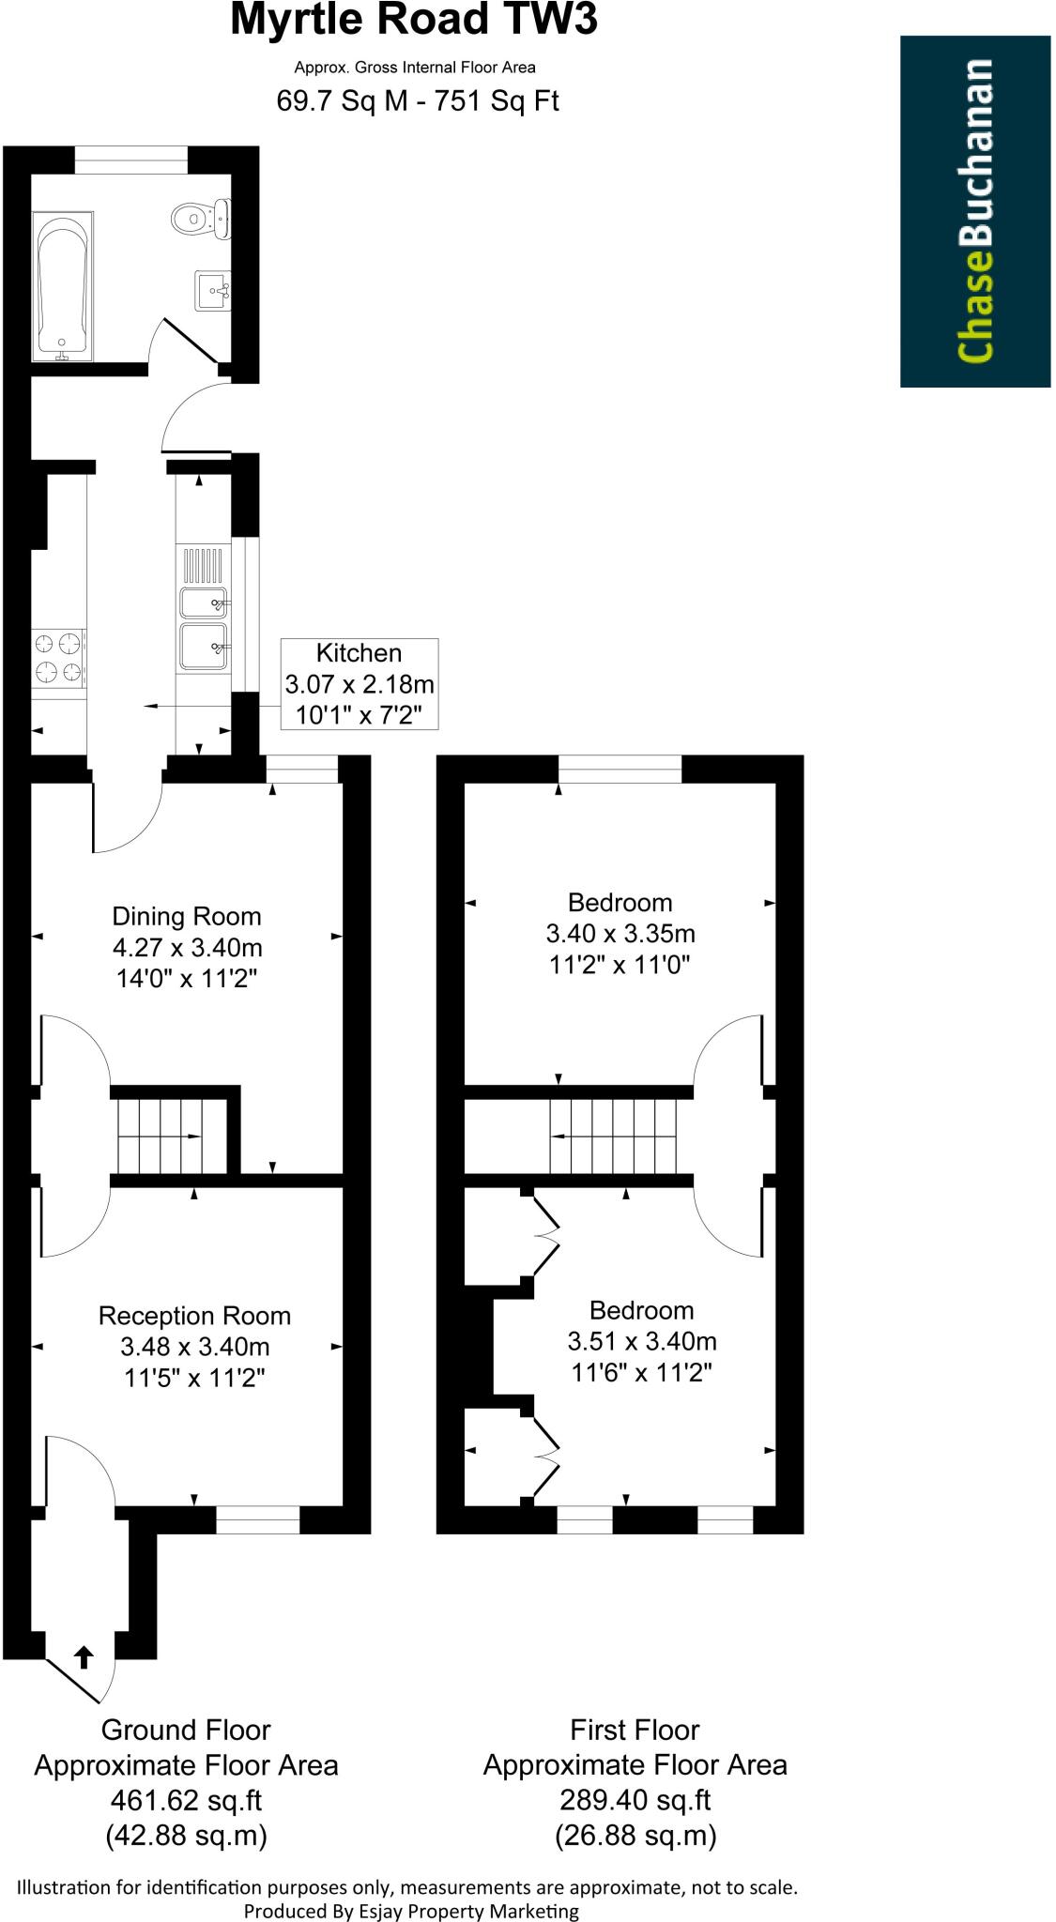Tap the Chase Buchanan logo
[x=974, y=211]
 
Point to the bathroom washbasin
[x=212, y=290]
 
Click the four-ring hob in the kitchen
[x=57, y=658]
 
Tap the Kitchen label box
[x=360, y=684]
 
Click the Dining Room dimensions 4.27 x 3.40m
[x=187, y=948]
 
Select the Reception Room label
[x=194, y=1316]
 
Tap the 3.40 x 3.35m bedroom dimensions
[x=620, y=934]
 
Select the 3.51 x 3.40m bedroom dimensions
[x=642, y=1342]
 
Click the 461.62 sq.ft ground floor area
[x=186, y=1800]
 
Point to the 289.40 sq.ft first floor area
[x=635, y=1800]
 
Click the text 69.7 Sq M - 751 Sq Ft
[x=417, y=100]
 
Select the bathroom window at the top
[x=130, y=160]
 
